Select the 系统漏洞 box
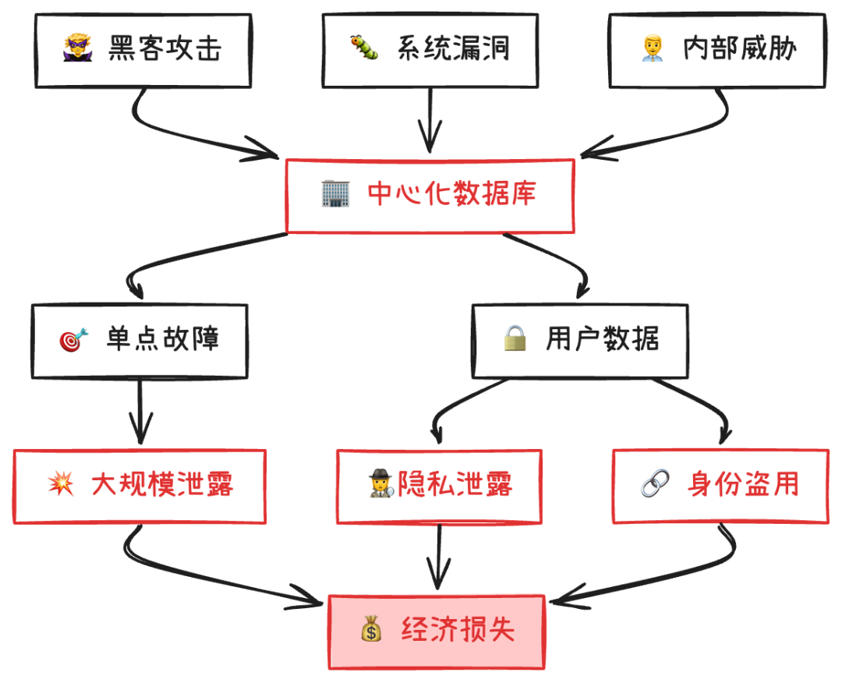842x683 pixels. [x=430, y=50]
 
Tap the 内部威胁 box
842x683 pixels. [x=717, y=50]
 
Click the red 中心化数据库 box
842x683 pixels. [x=430, y=195]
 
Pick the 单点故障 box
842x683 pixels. [x=140, y=341]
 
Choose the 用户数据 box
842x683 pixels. [x=581, y=341]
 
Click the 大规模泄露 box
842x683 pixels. [x=140, y=486]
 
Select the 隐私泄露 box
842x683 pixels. [x=439, y=486]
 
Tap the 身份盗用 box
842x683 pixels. [x=720, y=486]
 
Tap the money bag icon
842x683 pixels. [x=371, y=629]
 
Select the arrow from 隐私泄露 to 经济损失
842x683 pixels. [x=438, y=557]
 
